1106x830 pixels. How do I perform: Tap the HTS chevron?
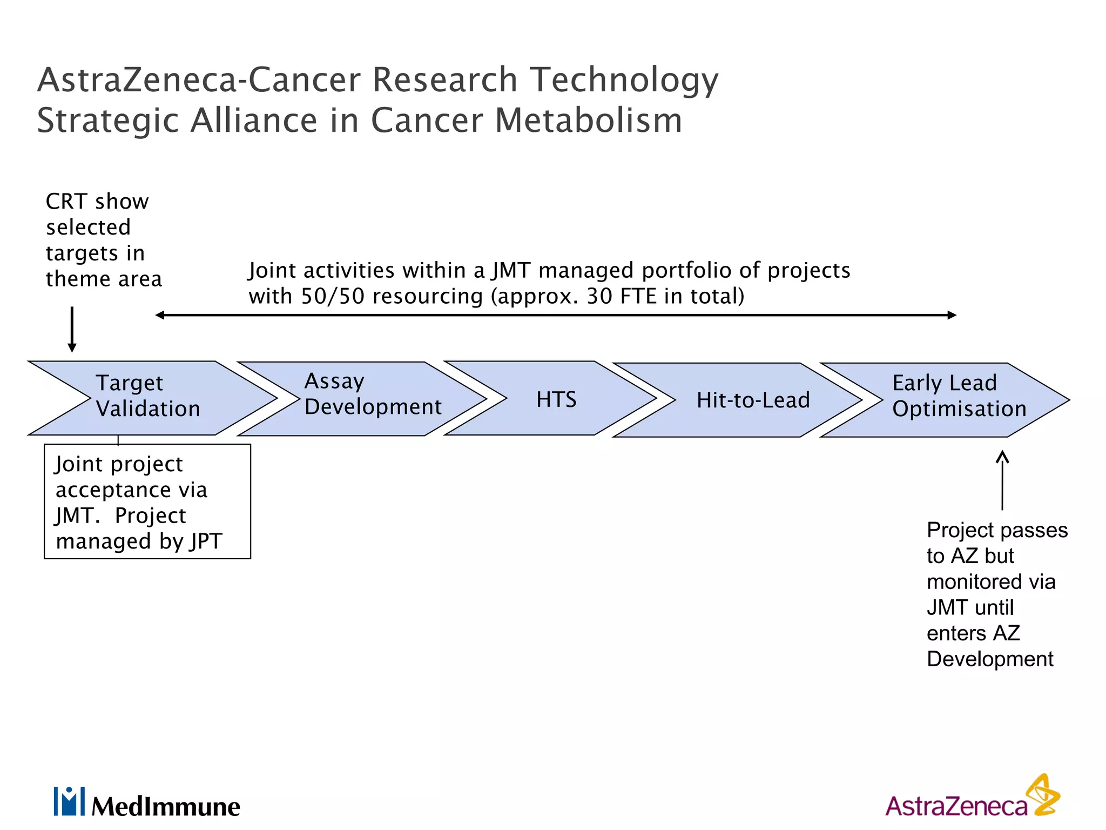pos(556,399)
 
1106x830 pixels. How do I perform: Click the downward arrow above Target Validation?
pos(72,330)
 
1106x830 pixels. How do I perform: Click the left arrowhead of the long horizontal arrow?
pos(160,315)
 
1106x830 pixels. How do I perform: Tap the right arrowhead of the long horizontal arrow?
pos(952,315)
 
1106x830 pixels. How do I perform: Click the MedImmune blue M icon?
pos(69,801)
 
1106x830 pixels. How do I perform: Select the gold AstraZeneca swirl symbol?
pos(1043,795)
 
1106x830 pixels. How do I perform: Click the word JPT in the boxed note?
pos(206,541)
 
